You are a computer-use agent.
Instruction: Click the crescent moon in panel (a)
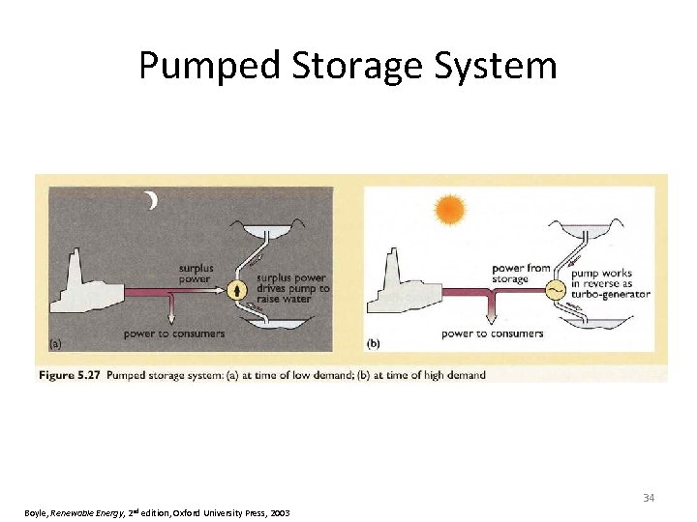[x=151, y=201]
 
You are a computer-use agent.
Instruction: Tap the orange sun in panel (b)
[x=450, y=209]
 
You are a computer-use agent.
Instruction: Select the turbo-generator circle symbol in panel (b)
[x=556, y=290]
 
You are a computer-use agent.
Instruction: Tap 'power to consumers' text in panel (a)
[x=174, y=333]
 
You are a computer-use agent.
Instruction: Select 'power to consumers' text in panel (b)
[x=492, y=333]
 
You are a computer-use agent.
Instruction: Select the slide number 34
[x=649, y=498]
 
